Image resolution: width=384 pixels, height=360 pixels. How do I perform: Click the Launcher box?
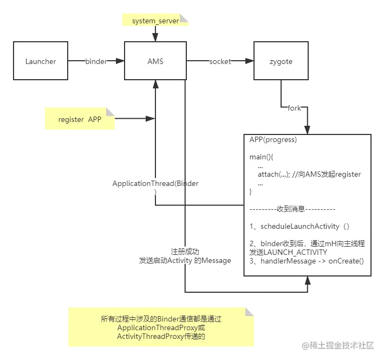[x=41, y=61]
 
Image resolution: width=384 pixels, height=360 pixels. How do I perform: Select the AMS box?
[x=155, y=61]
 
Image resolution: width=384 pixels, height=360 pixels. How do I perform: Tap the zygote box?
[x=281, y=61]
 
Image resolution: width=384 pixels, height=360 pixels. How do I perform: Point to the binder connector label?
[x=96, y=61]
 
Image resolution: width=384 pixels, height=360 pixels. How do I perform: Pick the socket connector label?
[x=219, y=61]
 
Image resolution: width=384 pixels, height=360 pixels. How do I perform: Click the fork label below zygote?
[x=294, y=108]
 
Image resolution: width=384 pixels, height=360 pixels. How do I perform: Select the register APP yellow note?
[x=79, y=119]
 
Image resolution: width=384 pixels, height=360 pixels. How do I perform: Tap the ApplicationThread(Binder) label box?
[x=155, y=188]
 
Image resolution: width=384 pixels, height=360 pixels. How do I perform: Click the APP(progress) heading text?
[x=273, y=139]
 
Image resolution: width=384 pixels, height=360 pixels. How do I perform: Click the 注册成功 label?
[x=185, y=252]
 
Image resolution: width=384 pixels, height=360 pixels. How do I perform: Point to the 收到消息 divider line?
[x=292, y=209]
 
